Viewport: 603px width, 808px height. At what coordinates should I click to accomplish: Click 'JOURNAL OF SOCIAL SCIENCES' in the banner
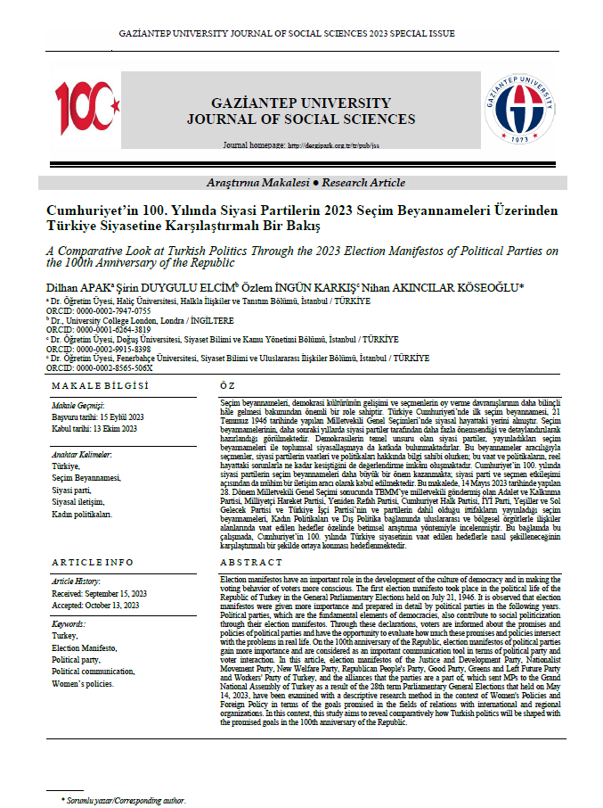(x=301, y=119)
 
